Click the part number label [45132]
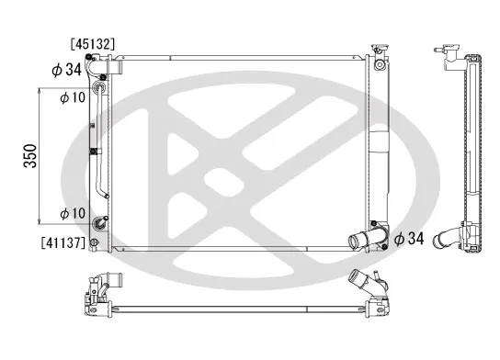(93, 44)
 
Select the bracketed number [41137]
(63, 242)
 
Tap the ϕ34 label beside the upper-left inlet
(67, 70)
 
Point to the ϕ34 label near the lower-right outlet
(409, 238)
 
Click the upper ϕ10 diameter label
(73, 97)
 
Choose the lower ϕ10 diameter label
(73, 213)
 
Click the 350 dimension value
(30, 156)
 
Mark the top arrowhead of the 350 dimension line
(39, 91)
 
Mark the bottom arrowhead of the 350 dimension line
(39, 221)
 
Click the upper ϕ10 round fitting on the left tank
(98, 87)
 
